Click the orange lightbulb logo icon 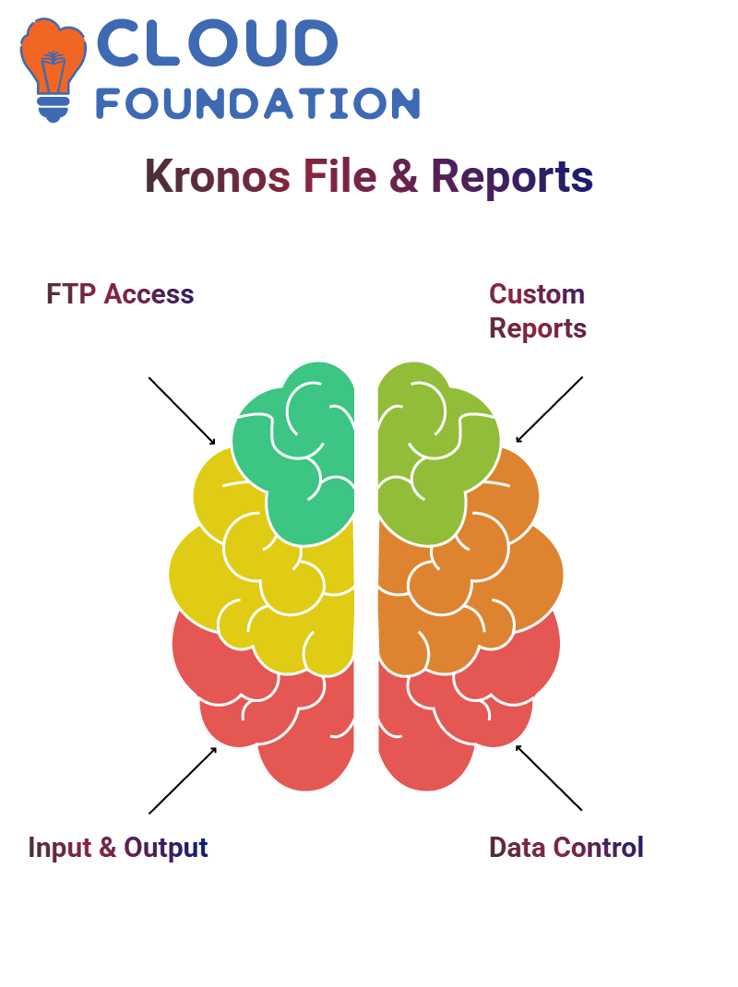54,69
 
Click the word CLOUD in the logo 217,42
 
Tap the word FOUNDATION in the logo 257,103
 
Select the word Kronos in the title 218,176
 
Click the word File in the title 340,176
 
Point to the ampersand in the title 404,177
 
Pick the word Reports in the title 512,177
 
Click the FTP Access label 120,294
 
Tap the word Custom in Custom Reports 537,294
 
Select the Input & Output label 118,848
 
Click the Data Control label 566,848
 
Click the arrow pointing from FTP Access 182,411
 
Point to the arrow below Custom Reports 549,410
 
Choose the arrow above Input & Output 183,780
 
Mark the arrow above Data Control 549,778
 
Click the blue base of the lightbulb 54,110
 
